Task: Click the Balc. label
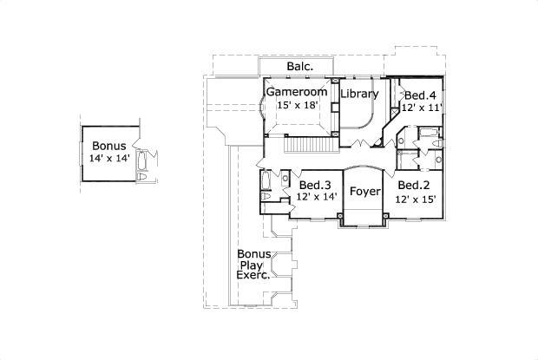pos(299,67)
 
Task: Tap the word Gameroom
pos(298,92)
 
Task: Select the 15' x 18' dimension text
pos(298,105)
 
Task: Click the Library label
pos(359,94)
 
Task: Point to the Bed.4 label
pos(420,95)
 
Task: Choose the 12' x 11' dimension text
pos(422,108)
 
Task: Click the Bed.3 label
pos(315,185)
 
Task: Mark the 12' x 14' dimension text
pos(316,197)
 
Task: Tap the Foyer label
pos(364,192)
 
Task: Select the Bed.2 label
pos(414,185)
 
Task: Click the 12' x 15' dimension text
pos(415,198)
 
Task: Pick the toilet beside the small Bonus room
pos(142,176)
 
